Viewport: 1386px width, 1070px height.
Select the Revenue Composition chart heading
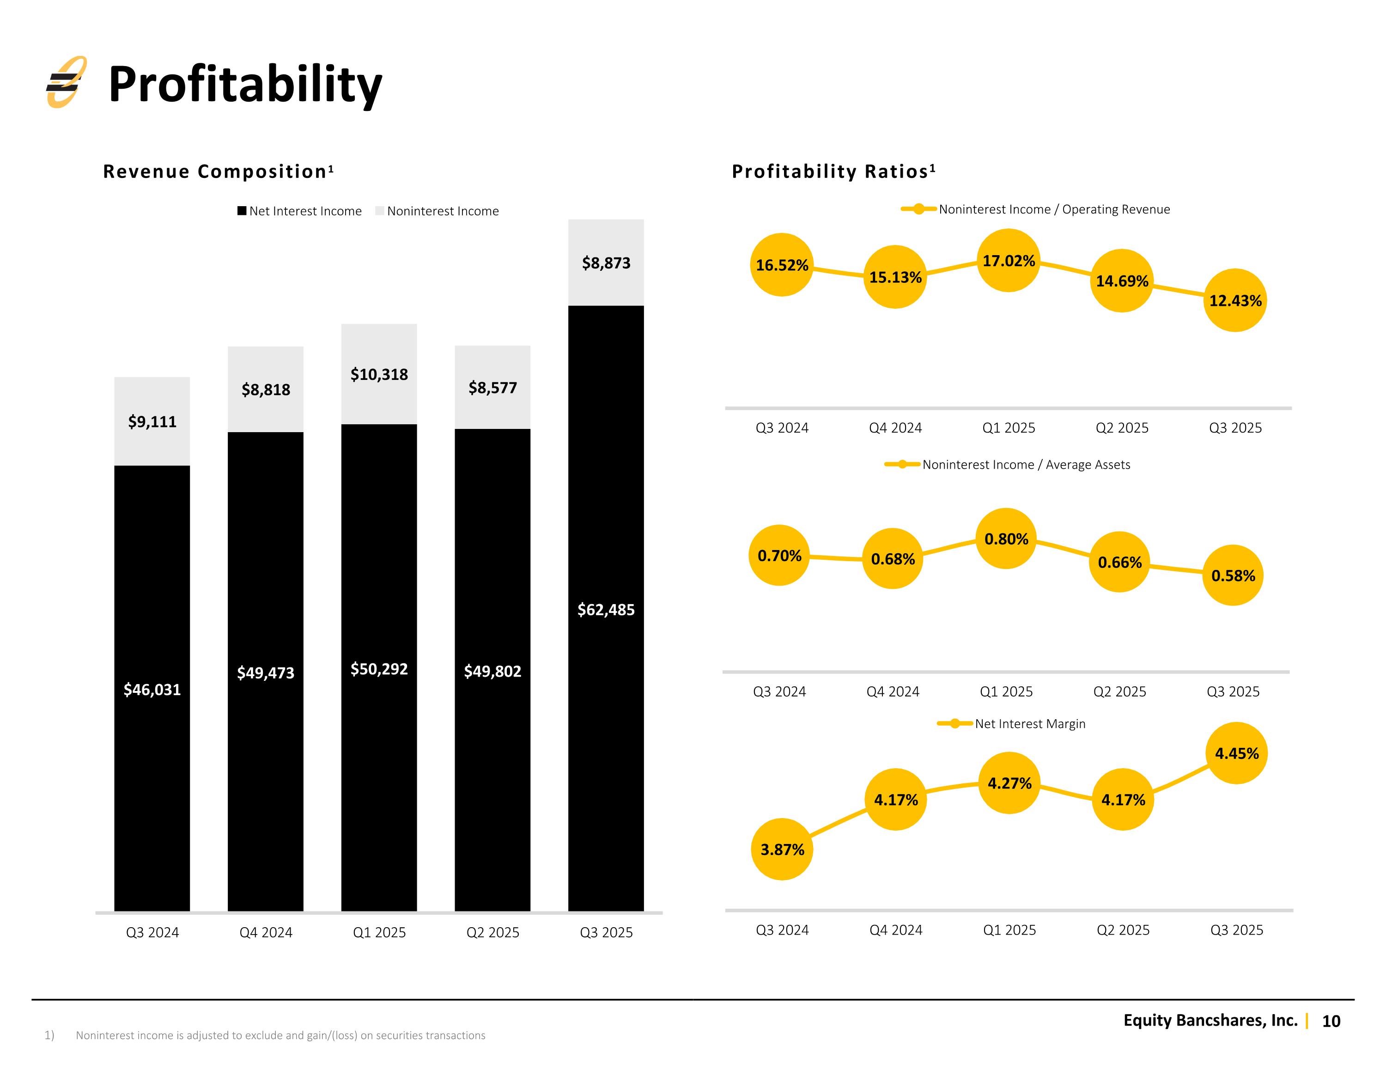coord(219,171)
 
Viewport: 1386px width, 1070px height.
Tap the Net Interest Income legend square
coord(242,211)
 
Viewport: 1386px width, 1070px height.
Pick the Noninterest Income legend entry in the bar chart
coord(437,211)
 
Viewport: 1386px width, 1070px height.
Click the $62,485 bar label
coord(606,610)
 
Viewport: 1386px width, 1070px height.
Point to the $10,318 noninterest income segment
coord(379,374)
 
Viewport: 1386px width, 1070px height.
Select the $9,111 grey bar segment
coord(152,421)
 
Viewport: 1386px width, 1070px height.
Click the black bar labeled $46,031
coord(152,688)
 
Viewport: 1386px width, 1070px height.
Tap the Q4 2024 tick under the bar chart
coord(266,932)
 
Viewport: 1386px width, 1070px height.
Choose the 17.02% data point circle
coord(1009,260)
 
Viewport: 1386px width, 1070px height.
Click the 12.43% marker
coord(1235,300)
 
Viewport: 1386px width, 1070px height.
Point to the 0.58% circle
coord(1233,575)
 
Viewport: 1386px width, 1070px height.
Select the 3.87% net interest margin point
coord(783,849)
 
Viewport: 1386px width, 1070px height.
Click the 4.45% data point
coord(1237,753)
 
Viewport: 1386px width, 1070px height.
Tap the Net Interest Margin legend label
coord(1030,724)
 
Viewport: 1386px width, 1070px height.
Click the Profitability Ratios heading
coord(834,171)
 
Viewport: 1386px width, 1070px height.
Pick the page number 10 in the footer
coord(1331,1021)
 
